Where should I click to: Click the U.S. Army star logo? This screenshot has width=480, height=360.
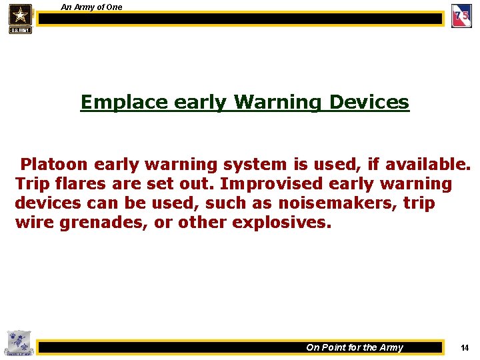[x=20, y=18]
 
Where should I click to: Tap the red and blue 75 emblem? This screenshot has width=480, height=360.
[x=461, y=15]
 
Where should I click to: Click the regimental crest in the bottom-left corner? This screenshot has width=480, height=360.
[x=17, y=343]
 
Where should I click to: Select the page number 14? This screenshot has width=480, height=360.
[x=465, y=347]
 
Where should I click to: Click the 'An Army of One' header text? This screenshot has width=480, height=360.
[x=91, y=7]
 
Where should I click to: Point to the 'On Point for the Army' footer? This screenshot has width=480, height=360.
[x=354, y=347]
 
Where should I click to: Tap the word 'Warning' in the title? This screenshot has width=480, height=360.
[x=277, y=102]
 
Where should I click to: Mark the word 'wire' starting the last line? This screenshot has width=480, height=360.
[x=35, y=222]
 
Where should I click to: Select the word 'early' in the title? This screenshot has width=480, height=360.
[x=199, y=102]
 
